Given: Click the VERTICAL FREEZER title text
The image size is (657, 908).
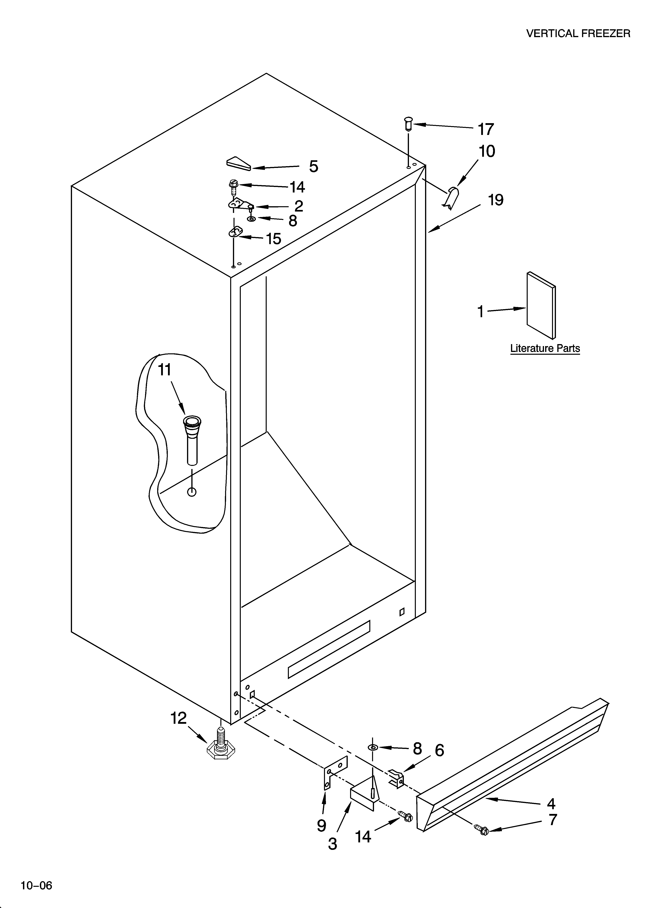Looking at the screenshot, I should coord(578,34).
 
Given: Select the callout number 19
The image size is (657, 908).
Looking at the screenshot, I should coord(495,200).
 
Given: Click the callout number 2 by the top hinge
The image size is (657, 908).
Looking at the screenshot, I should coord(298,206).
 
